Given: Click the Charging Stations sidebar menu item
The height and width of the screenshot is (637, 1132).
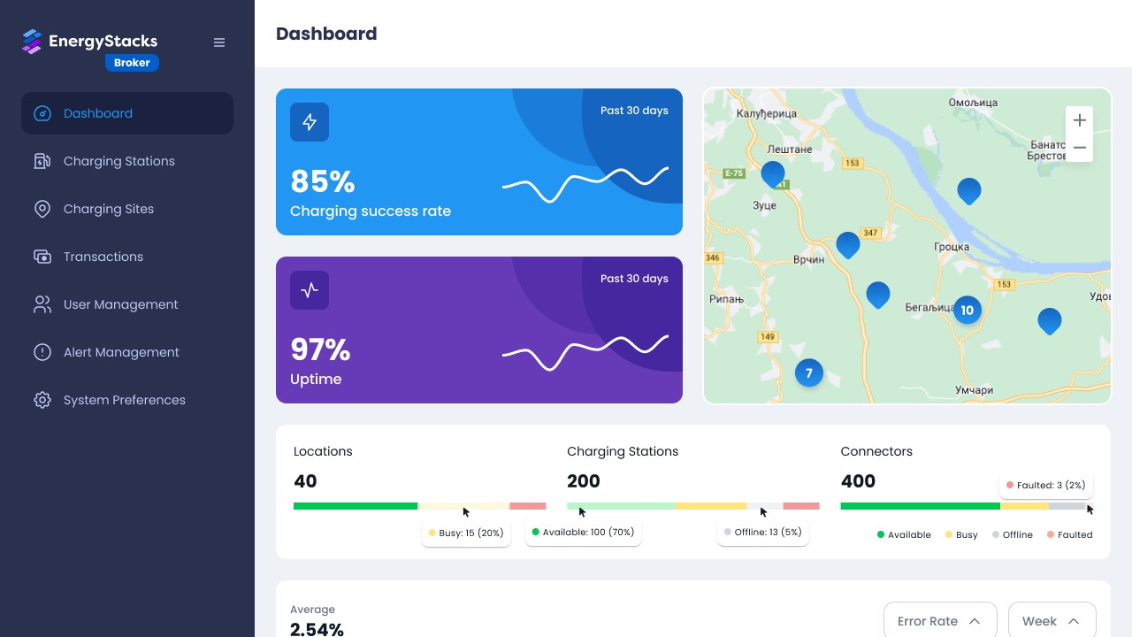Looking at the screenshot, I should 119,161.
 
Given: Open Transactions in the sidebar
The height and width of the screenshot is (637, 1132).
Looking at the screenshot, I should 103,257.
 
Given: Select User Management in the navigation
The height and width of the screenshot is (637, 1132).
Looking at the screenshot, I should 120,304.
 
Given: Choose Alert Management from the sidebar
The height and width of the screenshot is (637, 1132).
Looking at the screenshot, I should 121,352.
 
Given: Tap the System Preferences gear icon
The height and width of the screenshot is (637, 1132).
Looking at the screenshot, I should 42,400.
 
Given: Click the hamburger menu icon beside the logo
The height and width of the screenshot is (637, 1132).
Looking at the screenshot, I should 219,42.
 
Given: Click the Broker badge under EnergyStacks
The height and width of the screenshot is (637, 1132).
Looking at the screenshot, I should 132,63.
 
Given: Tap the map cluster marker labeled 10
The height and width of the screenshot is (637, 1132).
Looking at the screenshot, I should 967,310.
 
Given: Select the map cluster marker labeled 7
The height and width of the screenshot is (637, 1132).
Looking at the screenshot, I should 808,373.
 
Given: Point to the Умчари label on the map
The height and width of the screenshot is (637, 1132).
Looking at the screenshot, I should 974,390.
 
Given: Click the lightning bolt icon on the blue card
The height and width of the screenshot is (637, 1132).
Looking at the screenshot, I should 310,122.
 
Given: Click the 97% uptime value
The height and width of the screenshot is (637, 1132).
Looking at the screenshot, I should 320,350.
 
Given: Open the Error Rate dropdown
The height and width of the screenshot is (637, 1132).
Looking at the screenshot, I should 939,621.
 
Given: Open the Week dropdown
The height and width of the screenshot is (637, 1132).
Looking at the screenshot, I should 1052,621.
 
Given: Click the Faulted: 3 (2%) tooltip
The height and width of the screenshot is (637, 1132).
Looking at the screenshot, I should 1046,485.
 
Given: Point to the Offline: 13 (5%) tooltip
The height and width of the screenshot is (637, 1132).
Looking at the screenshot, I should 762,532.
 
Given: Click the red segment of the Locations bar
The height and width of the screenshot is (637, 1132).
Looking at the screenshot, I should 527,506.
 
